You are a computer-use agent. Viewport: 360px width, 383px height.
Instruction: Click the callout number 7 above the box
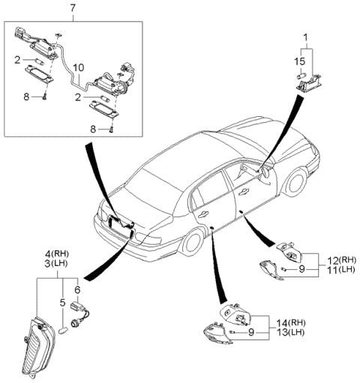73,8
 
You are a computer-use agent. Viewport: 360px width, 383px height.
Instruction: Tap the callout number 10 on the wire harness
79,67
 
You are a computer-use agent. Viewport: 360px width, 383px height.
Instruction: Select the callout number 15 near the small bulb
300,61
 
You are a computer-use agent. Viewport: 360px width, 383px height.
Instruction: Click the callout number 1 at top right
305,38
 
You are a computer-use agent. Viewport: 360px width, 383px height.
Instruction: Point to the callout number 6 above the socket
77,289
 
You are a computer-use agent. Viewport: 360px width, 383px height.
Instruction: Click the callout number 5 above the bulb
62,303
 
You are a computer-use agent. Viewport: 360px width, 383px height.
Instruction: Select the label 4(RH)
56,254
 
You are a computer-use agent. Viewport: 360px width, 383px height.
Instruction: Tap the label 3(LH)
56,264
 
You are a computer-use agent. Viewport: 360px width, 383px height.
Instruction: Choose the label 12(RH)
342,260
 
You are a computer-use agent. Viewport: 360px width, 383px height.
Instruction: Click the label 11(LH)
341,270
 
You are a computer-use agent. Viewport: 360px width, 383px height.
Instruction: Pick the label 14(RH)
291,323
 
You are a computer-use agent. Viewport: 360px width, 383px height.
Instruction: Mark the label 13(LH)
290,333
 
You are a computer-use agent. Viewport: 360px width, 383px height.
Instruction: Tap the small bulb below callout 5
63,331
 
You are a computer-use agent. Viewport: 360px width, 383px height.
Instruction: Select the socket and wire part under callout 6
79,314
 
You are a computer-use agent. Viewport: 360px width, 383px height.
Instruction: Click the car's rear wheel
193,242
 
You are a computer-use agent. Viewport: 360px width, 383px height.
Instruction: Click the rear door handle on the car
202,214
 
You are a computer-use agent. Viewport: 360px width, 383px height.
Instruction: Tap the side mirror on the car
265,172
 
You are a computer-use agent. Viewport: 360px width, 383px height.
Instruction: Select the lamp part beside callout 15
309,82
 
